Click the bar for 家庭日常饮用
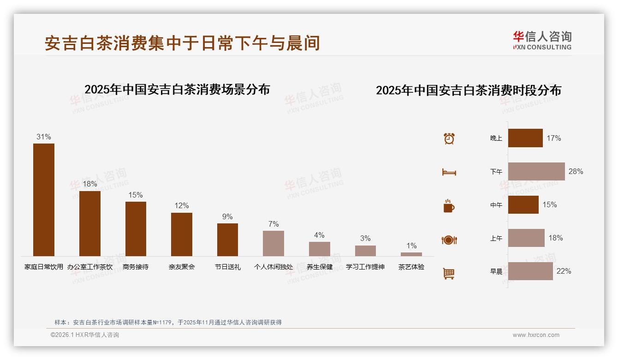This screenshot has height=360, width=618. pyautogui.click(x=44, y=199)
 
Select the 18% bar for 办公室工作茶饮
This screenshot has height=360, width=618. pyautogui.click(x=90, y=223)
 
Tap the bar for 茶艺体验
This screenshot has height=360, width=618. pyautogui.click(x=411, y=254)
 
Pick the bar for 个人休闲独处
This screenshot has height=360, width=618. pyautogui.click(x=273, y=243)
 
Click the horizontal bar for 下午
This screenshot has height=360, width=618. pyautogui.click(x=536, y=171)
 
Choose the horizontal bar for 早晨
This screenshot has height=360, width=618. pyautogui.click(x=530, y=271)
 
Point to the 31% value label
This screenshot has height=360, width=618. pyautogui.click(x=44, y=137)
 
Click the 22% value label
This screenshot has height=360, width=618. pyautogui.click(x=564, y=271)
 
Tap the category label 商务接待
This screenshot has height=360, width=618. pyautogui.click(x=136, y=267)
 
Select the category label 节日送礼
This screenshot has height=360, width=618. pyautogui.click(x=228, y=267)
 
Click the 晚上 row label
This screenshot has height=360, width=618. pyautogui.click(x=496, y=138)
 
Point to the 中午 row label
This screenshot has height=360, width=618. pyautogui.click(x=496, y=205)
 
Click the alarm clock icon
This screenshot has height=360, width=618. pyautogui.click(x=449, y=138)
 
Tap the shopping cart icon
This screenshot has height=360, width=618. pyautogui.click(x=449, y=273)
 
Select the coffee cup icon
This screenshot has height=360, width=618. pyautogui.click(x=449, y=206)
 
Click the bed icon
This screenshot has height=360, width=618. pyautogui.click(x=449, y=172)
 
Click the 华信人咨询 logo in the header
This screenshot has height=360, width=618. pyautogui.click(x=542, y=40)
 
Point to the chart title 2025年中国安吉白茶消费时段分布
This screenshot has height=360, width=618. pyautogui.click(x=469, y=90)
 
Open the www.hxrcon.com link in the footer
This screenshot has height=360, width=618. pyautogui.click(x=536, y=335)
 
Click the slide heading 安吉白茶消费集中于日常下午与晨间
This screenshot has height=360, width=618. pyautogui.click(x=182, y=43)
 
